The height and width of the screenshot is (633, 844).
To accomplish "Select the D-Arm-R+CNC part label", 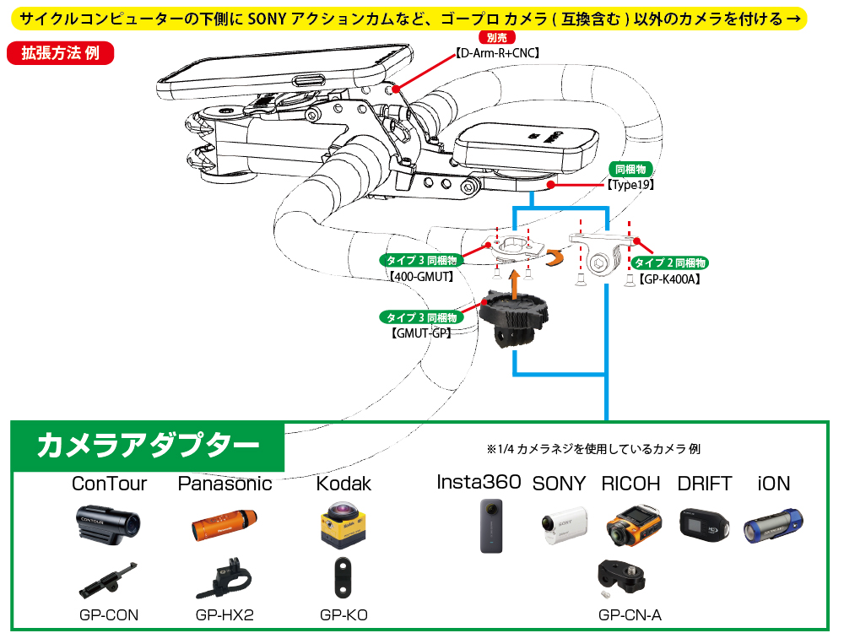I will [498, 52].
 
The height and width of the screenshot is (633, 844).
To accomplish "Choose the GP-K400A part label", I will [669, 278].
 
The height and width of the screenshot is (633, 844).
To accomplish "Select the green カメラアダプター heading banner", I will [148, 445].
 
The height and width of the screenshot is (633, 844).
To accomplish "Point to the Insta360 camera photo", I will [490, 525].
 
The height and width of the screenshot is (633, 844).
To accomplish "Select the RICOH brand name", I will [630, 484].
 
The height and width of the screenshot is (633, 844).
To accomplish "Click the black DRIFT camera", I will [704, 524].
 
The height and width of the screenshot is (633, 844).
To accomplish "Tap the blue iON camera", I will [773, 524].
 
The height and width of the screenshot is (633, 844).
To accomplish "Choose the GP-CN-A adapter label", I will [630, 615].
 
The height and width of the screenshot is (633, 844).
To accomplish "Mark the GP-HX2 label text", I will [225, 615].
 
